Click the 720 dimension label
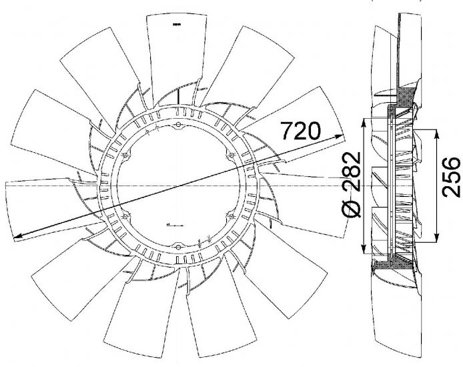coord(302,130)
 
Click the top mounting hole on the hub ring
coord(179,125)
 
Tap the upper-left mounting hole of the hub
coord(126,156)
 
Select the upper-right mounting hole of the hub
coord(231,156)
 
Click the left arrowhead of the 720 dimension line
coord(16,234)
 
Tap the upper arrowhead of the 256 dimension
coord(436,132)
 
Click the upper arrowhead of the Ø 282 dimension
coord(363,121)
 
